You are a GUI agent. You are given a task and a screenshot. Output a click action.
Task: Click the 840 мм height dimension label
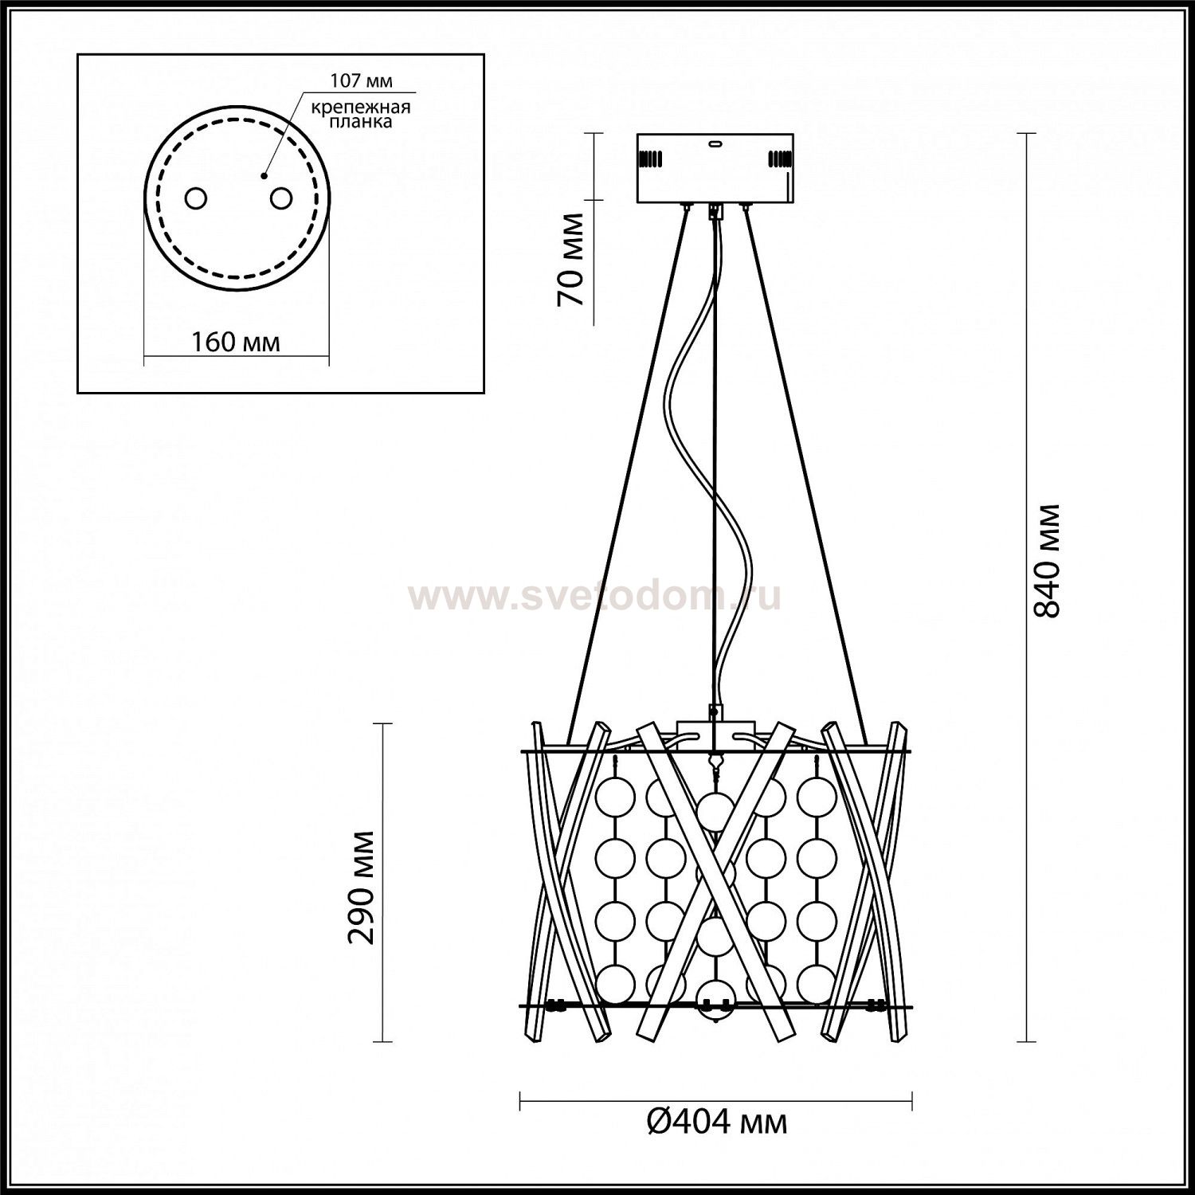pos(1046,560)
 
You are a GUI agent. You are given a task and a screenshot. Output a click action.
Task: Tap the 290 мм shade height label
pos(362,887)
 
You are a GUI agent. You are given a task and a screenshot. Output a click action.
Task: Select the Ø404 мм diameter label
pos(715,1122)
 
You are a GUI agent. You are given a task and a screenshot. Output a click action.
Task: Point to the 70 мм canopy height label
pos(571,259)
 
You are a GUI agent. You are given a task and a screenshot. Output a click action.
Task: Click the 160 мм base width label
pos(236,342)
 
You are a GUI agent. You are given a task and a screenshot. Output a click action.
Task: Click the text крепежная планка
pos(362,115)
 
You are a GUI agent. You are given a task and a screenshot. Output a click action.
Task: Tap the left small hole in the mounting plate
pos(195,198)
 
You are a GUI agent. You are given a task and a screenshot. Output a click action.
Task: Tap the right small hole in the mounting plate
pos(280,198)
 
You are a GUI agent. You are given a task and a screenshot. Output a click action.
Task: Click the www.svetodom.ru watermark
pos(594,596)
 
